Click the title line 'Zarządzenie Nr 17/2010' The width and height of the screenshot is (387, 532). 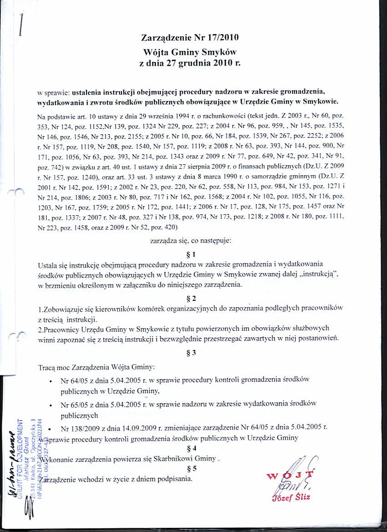[x=190, y=37]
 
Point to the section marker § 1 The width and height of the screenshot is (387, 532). [x=191, y=254]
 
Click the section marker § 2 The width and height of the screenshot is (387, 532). [x=191, y=299]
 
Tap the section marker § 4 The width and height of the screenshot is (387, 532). [x=191, y=448]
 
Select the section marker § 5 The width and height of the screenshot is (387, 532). [x=191, y=468]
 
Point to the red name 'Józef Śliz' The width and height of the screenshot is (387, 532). [x=294, y=497]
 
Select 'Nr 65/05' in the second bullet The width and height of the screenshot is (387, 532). [x=73, y=404]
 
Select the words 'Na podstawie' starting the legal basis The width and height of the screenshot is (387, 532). [x=53, y=117]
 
